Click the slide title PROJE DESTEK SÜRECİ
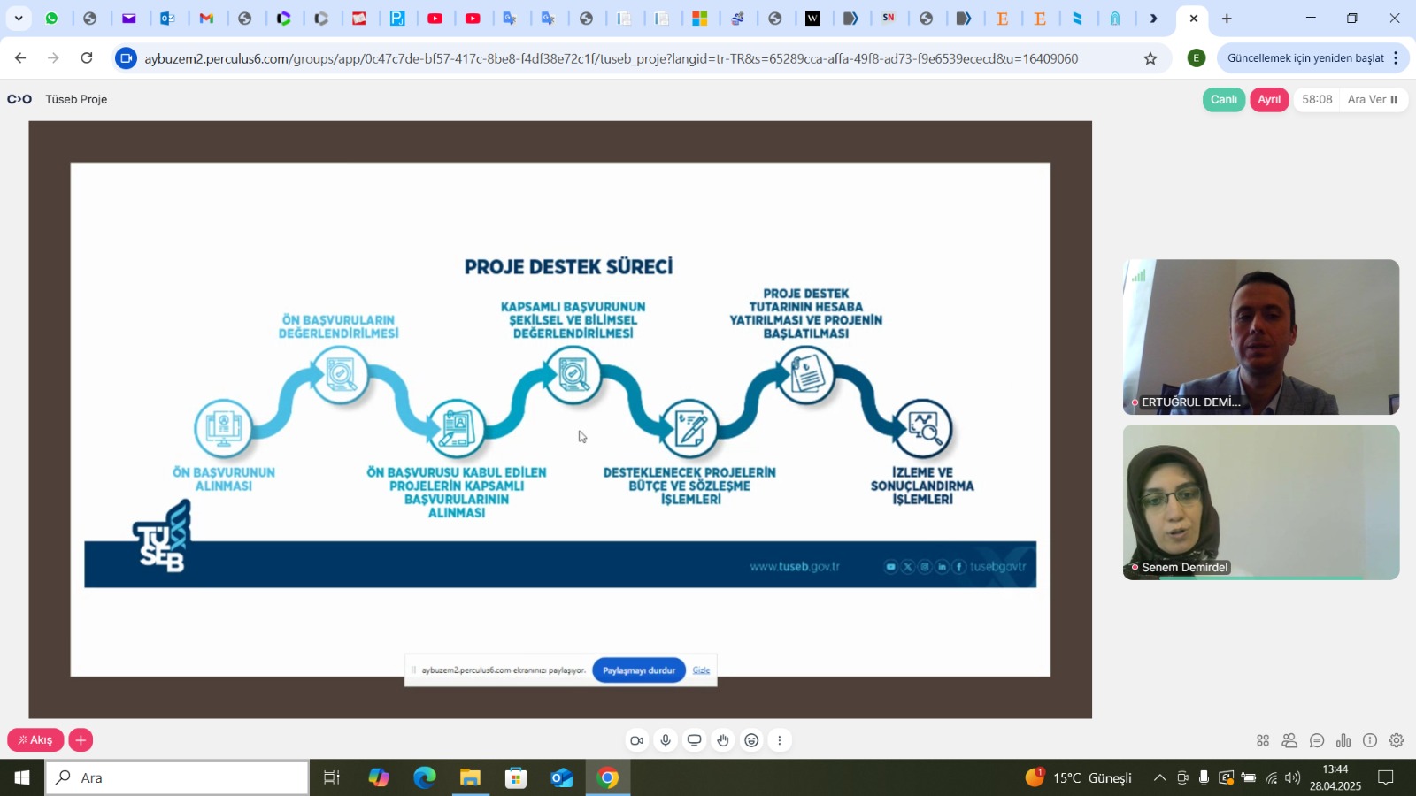568,266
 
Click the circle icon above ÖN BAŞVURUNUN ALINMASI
223,428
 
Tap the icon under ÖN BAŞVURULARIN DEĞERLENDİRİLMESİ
340,374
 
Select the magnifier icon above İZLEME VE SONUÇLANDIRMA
923,428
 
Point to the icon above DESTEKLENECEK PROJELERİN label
690,429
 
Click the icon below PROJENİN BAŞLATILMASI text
806,374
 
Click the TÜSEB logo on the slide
163,538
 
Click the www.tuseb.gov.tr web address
795,567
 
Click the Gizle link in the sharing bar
701,670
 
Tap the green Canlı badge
1223,100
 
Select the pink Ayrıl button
1269,100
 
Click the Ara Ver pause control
1373,100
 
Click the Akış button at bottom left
35,740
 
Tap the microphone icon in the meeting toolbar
666,740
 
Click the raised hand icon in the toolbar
723,740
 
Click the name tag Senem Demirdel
1184,568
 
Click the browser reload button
87,58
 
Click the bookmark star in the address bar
1150,58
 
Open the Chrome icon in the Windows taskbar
608,778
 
